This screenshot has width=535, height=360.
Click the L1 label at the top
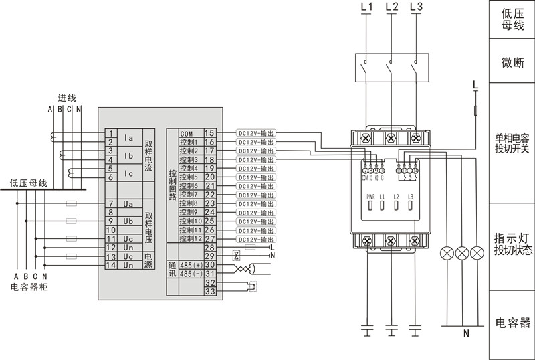coord(366,7)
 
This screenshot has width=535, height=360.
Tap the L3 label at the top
coord(415,7)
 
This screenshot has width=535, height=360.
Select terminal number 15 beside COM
coord(209,134)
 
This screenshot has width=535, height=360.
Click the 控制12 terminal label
coord(190,238)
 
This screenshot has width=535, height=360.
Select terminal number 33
coord(209,291)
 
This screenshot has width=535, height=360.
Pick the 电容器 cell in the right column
coord(513,323)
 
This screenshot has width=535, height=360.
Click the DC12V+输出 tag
coord(256,134)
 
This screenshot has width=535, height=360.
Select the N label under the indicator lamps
coord(466,333)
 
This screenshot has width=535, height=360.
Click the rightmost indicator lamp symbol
coord(477,254)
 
